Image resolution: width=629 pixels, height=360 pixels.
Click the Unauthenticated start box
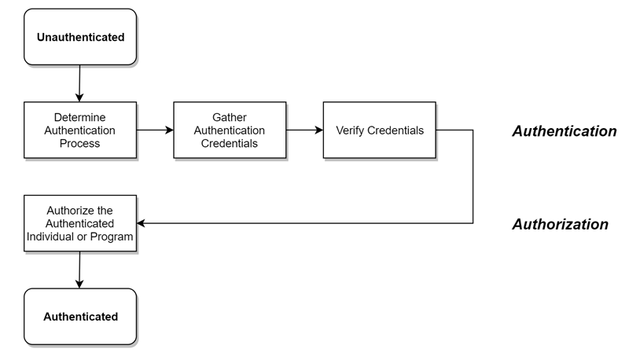(x=80, y=37)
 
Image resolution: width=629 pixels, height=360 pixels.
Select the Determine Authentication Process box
(x=80, y=130)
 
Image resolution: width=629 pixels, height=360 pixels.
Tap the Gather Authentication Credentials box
(x=229, y=130)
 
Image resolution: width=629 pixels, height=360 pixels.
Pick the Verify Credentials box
(x=379, y=130)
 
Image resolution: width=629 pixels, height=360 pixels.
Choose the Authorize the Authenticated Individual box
(x=80, y=223)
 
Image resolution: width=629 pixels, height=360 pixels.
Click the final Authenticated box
(x=80, y=317)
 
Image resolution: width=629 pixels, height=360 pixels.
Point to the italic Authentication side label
(x=564, y=131)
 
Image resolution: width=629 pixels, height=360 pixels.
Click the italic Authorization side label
(x=560, y=224)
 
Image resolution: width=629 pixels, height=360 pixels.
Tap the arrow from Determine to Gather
(x=155, y=130)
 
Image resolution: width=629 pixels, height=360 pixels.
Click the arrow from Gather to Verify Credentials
(x=304, y=130)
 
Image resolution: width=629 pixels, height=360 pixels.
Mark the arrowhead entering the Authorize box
(x=142, y=223)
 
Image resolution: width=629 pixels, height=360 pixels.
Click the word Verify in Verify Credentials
(x=350, y=130)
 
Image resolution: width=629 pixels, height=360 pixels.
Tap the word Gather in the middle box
(x=229, y=116)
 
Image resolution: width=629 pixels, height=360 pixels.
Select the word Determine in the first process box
(x=80, y=116)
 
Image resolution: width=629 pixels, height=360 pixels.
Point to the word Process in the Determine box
(x=80, y=144)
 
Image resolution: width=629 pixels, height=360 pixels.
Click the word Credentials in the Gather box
(x=229, y=144)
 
